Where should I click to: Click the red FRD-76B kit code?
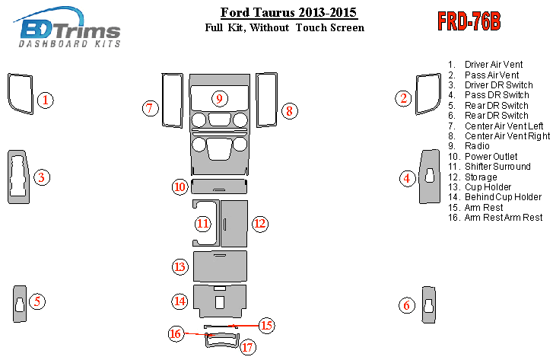[469, 21]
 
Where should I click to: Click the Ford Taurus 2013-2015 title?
[288, 12]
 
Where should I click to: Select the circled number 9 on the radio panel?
[219, 98]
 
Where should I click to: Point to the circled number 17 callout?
[247, 347]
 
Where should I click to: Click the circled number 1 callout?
[45, 100]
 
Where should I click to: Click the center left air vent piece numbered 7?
[164, 100]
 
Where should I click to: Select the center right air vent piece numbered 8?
[257, 100]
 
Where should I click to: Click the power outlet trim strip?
[219, 186]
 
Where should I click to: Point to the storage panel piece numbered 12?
[234, 224]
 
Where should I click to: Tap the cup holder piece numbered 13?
[220, 266]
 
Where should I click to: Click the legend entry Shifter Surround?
[497, 167]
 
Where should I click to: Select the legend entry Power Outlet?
[491, 156]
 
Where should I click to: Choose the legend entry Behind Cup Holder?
[503, 197]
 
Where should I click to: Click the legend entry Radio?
[477, 146]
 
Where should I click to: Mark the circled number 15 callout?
[267, 325]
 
